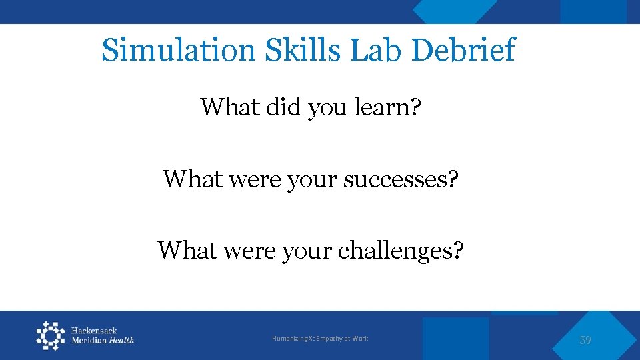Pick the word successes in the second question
(x=396, y=179)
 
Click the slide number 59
(x=585, y=340)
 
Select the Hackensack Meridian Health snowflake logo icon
(x=51, y=335)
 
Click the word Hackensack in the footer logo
(x=94, y=331)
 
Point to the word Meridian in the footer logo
(x=89, y=341)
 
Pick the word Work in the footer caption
(x=360, y=339)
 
